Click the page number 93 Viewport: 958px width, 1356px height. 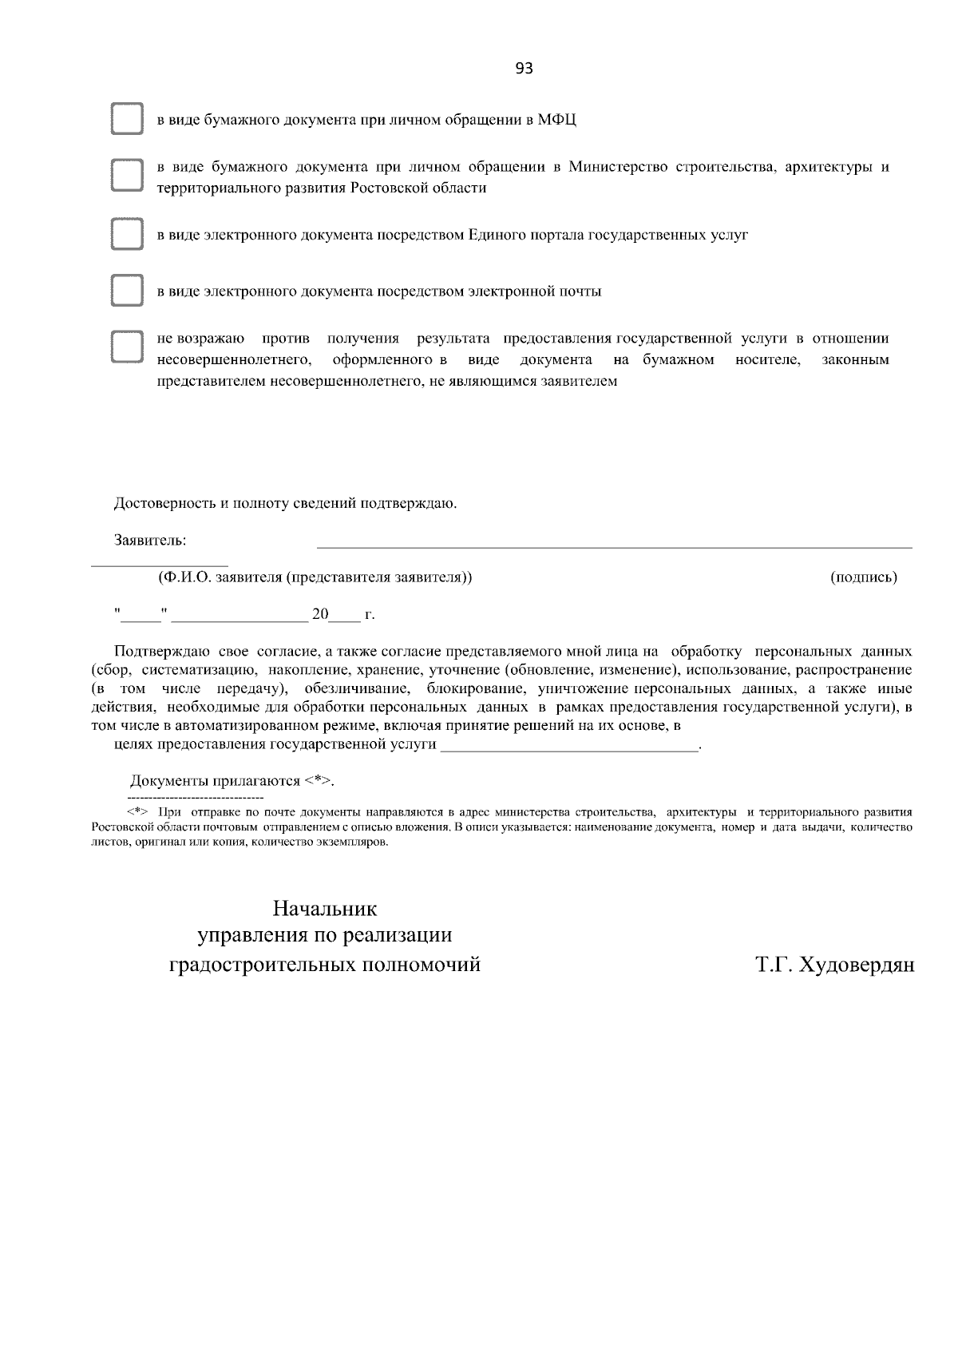click(x=524, y=69)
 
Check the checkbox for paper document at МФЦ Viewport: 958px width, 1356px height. click(x=126, y=120)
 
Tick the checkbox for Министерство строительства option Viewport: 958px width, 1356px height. click(x=126, y=176)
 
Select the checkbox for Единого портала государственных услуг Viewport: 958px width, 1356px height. click(x=126, y=235)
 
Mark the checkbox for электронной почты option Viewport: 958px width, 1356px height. click(x=126, y=291)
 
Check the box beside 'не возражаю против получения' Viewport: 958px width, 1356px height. click(x=126, y=348)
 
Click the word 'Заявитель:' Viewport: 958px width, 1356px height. click(x=150, y=541)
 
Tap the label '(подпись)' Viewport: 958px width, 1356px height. click(x=863, y=577)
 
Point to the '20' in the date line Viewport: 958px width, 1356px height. click(x=319, y=615)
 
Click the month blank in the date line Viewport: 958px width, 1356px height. click(x=239, y=619)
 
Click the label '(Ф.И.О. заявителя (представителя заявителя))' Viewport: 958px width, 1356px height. click(x=315, y=577)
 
